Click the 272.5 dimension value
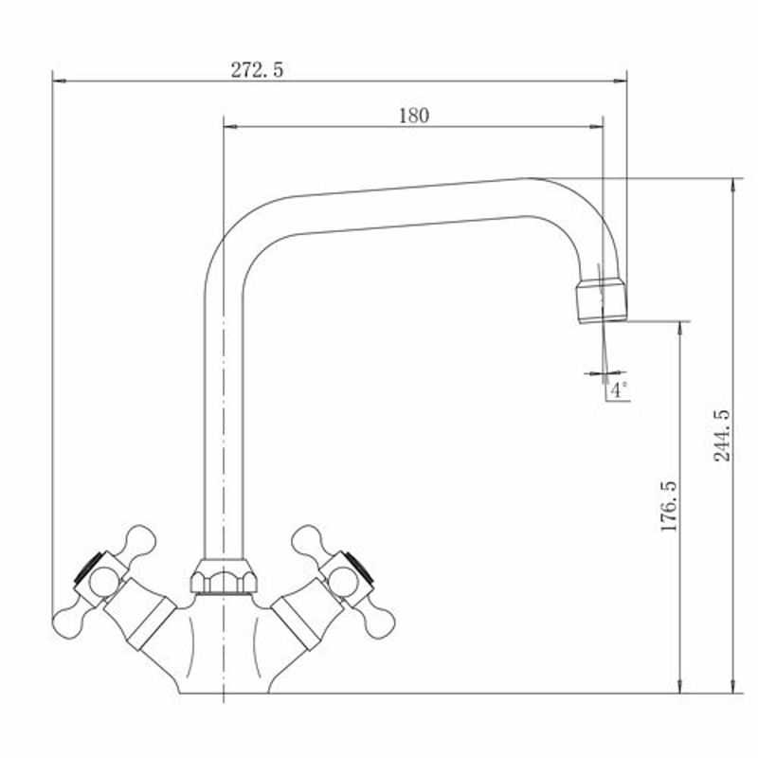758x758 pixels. pos(257,70)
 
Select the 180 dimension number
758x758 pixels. pos(414,116)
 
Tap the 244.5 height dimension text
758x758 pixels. pos(722,435)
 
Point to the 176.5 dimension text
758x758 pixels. pos(670,506)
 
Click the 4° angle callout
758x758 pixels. pos(619,389)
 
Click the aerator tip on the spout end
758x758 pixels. pos(602,300)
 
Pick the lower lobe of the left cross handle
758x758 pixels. pos(68,623)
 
